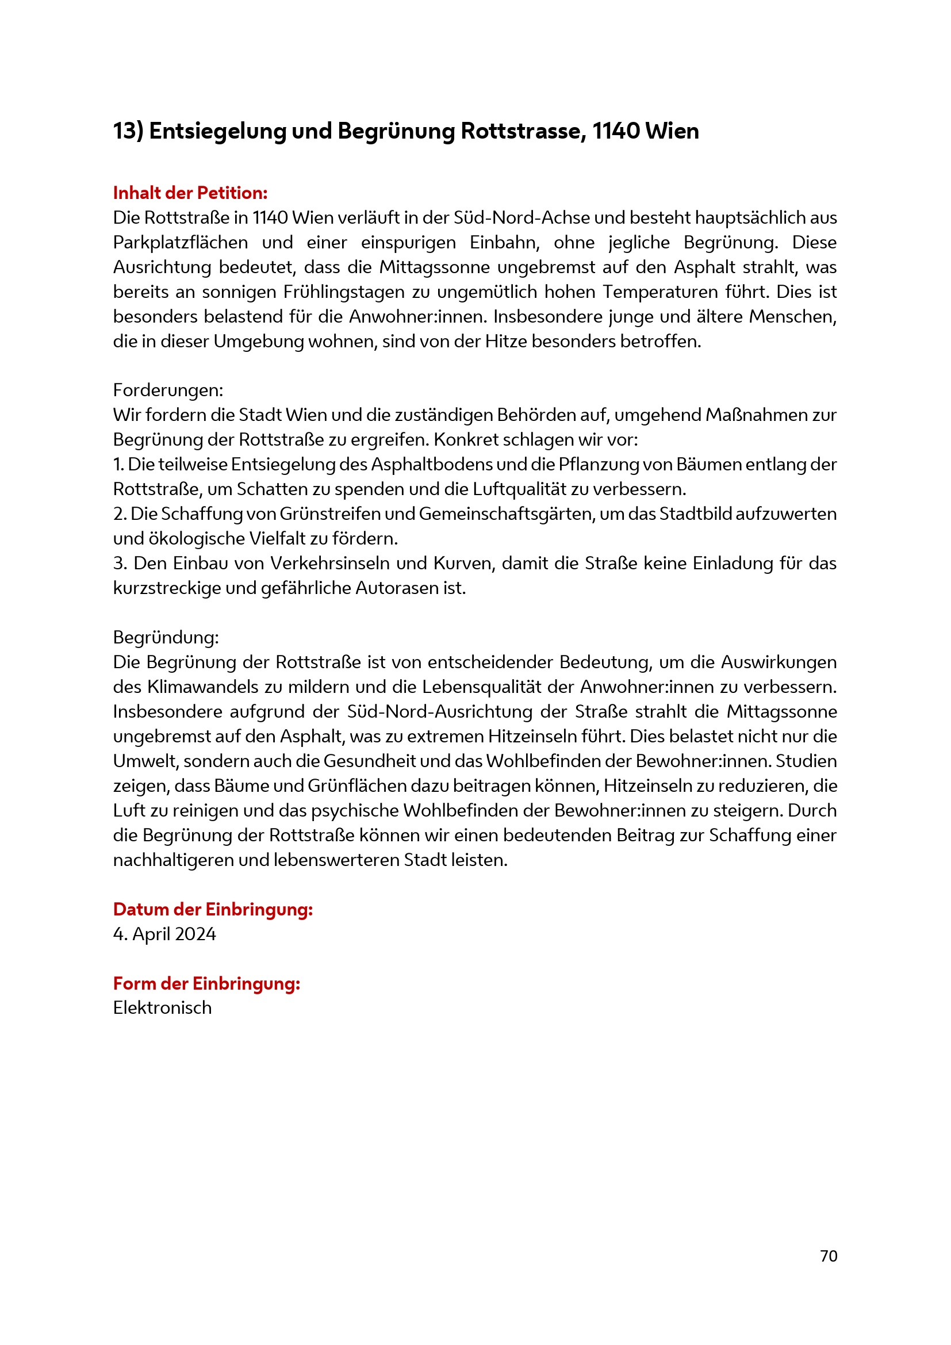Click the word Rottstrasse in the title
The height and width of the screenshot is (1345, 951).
[x=522, y=131]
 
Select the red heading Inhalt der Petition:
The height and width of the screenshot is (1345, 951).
[x=190, y=193]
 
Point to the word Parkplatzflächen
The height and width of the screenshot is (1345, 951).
[x=181, y=243]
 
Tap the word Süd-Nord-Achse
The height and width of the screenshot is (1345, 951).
[x=521, y=218]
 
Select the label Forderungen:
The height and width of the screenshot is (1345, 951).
[x=168, y=390]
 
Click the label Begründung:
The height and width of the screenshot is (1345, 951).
[x=166, y=637]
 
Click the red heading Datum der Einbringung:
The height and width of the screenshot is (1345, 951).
[x=213, y=909]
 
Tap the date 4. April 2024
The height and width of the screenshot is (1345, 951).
[x=164, y=934]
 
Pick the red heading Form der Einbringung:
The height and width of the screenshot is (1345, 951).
[x=207, y=983]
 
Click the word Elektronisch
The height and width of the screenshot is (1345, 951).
[x=162, y=1008]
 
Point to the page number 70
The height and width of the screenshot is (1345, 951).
[x=829, y=1256]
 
